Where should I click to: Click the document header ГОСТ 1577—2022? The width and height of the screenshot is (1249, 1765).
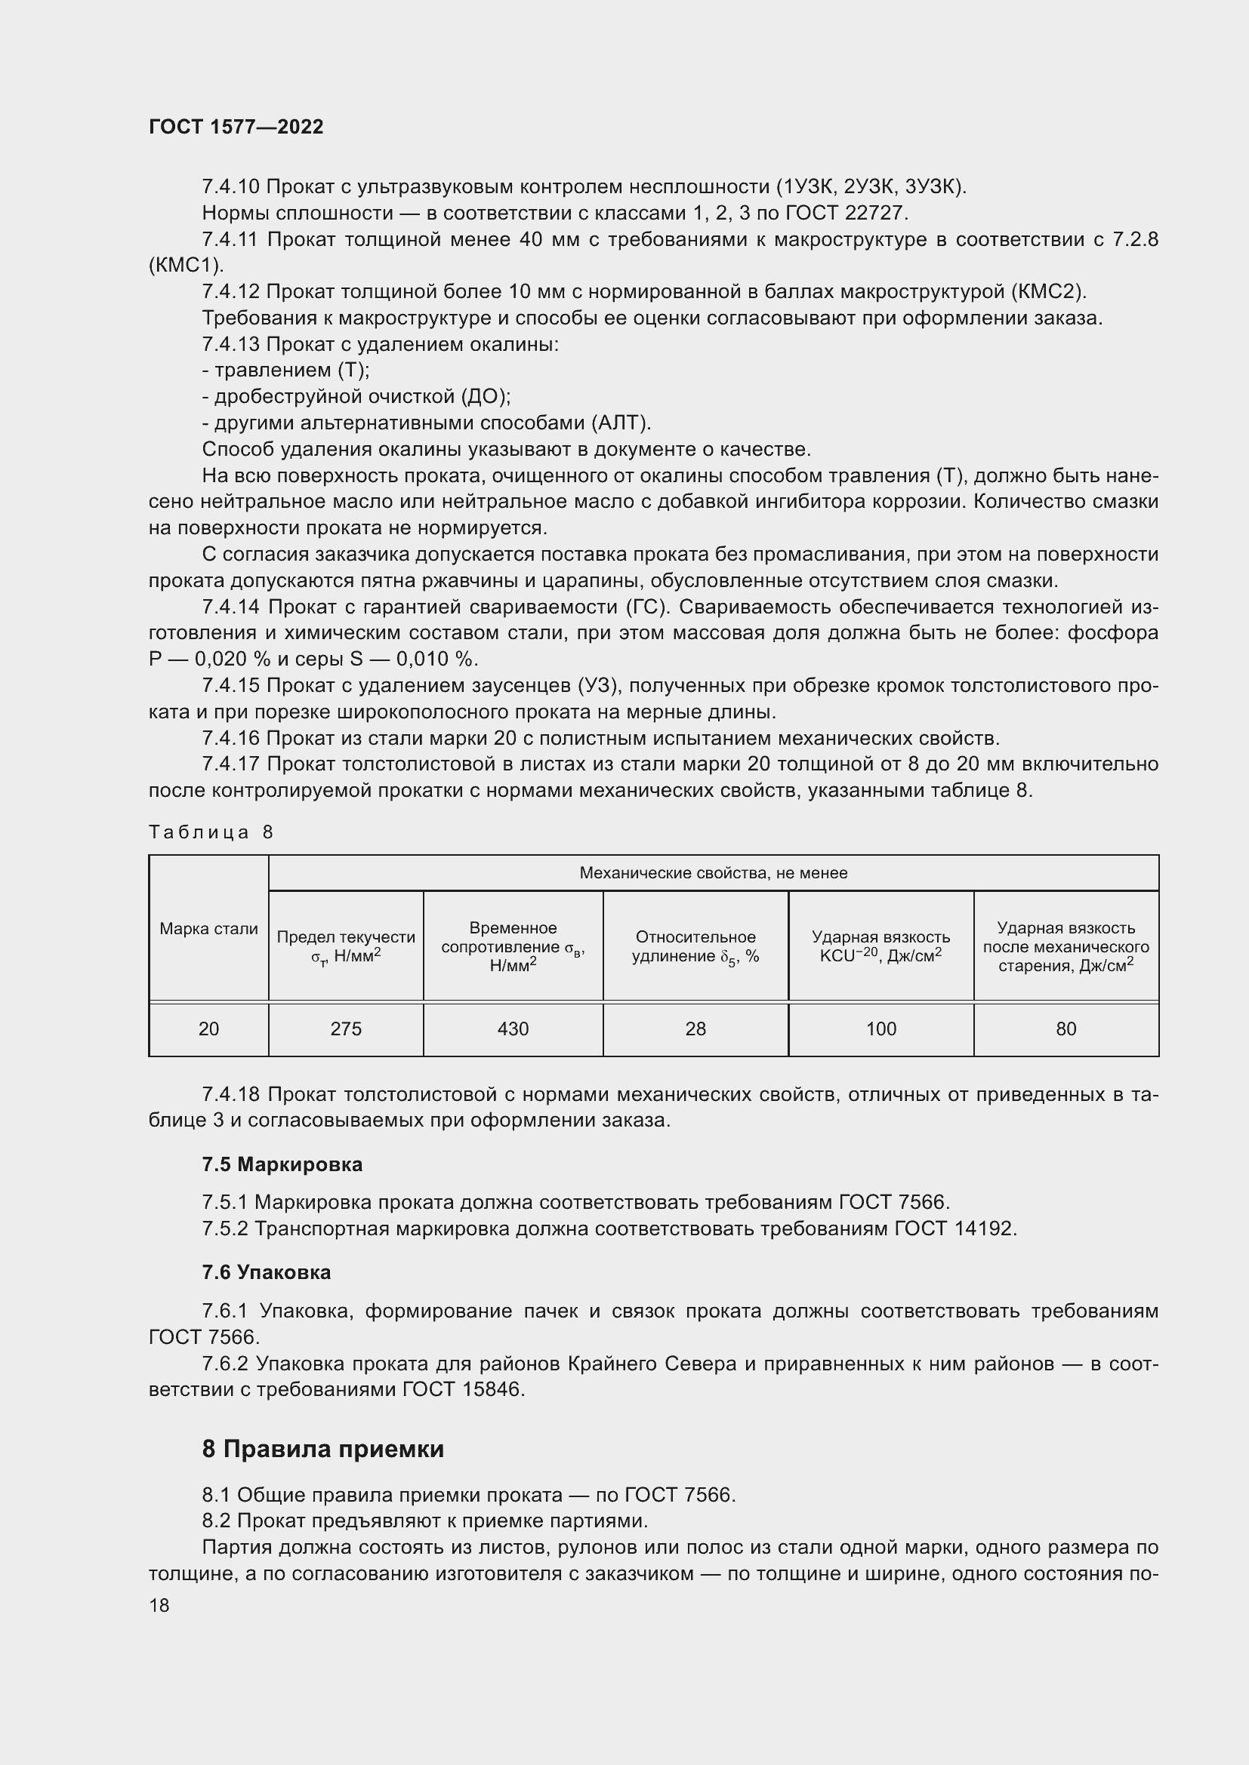pyautogui.click(x=236, y=127)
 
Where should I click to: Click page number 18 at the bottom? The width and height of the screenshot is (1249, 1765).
pyautogui.click(x=159, y=1605)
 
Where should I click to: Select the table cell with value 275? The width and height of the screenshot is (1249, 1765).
pyautogui.click(x=345, y=1029)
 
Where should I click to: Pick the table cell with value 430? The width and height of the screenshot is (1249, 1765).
pyautogui.click(x=513, y=1029)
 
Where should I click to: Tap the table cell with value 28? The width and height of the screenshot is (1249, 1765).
pyautogui.click(x=695, y=1029)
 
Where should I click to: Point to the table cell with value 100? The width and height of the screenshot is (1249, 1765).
pyautogui.click(x=880, y=1029)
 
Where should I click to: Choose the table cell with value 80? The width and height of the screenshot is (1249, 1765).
pyautogui.click(x=1066, y=1029)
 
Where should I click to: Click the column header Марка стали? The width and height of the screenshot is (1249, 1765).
pyautogui.click(x=208, y=929)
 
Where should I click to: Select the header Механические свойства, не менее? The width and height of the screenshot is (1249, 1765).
pyautogui.click(x=713, y=872)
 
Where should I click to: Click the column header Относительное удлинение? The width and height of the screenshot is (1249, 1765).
pyautogui.click(x=695, y=946)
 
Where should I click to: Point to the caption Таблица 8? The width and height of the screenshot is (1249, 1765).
pyautogui.click(x=211, y=832)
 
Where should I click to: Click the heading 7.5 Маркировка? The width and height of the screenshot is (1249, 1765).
pyautogui.click(x=282, y=1164)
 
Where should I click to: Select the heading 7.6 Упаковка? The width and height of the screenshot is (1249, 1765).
pyautogui.click(x=266, y=1272)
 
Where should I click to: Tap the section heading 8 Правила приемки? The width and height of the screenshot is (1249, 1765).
pyautogui.click(x=323, y=1448)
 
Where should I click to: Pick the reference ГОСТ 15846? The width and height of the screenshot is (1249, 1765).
pyautogui.click(x=463, y=1389)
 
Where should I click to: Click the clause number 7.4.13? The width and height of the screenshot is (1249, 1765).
pyautogui.click(x=231, y=344)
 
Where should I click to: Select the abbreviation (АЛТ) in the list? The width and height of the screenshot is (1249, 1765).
pyautogui.click(x=621, y=423)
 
